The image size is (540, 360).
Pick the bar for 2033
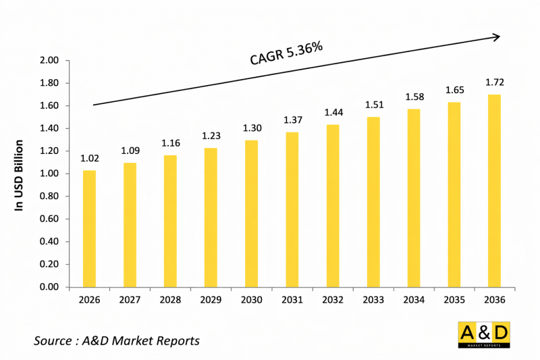click(373, 202)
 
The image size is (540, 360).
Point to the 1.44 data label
click(333, 112)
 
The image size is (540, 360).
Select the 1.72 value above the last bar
click(495, 83)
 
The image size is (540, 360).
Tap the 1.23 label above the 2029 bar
click(211, 136)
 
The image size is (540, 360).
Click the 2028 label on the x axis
click(170, 300)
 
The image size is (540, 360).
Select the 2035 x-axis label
click(454, 300)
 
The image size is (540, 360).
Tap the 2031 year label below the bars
click(292, 300)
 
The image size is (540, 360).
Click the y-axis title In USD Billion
click(20, 174)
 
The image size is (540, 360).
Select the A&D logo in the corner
click(483, 335)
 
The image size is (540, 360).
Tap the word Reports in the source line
click(178, 341)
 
